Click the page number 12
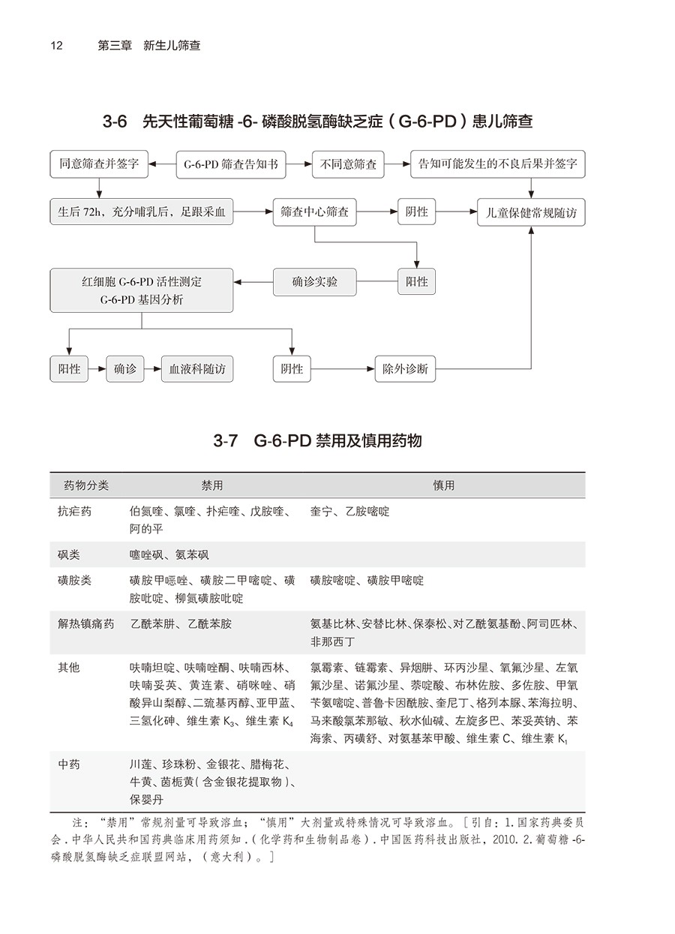point(56,45)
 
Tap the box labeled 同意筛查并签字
point(99,164)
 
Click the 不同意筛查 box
point(349,164)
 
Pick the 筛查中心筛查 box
point(314,212)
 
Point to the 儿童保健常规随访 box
point(531,212)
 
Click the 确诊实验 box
point(314,281)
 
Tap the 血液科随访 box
point(197,369)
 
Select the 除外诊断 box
point(405,369)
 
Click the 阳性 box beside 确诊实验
point(417,281)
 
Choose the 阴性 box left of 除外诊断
point(292,369)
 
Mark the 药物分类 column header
point(86,485)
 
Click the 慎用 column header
point(443,485)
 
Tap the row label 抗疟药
point(75,512)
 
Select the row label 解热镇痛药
point(86,624)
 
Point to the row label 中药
point(69,764)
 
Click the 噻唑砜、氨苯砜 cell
point(169,555)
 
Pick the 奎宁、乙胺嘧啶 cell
point(349,512)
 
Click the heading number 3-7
point(226,441)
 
